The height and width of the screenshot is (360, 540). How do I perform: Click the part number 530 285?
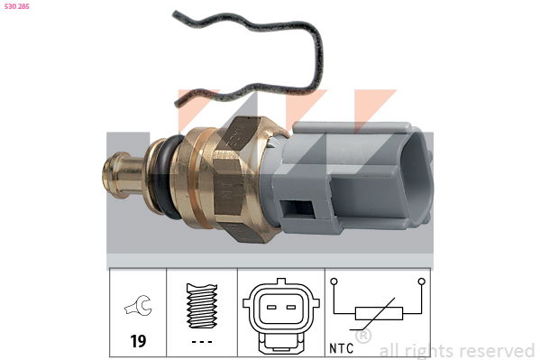[17, 6]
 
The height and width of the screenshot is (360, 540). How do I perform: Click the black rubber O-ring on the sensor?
[169, 176]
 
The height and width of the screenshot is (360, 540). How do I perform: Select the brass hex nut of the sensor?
[238, 180]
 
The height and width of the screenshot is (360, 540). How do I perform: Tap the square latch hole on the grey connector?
[297, 208]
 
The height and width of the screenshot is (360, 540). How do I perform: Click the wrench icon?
[138, 305]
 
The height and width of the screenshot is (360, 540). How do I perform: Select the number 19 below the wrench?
[138, 341]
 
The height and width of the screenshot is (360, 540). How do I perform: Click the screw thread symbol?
[202, 306]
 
